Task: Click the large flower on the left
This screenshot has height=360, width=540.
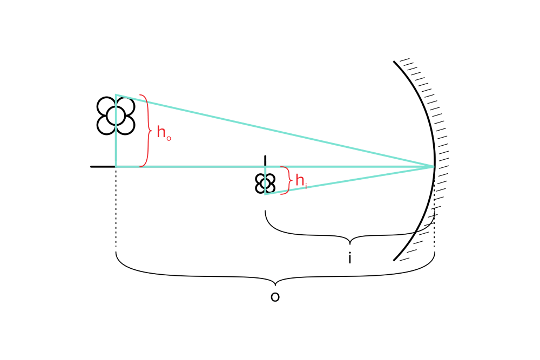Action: (x=116, y=116)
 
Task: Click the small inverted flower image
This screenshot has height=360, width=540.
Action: (x=265, y=183)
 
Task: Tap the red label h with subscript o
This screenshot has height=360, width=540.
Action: (x=163, y=133)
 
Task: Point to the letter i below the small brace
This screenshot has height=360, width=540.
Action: (x=350, y=259)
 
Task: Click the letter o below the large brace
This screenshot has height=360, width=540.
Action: (x=275, y=297)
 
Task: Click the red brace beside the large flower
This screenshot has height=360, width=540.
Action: (x=145, y=131)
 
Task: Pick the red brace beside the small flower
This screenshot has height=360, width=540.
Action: (x=286, y=180)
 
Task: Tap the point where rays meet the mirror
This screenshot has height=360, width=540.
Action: (x=434, y=166)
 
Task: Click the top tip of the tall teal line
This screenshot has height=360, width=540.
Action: (x=116, y=96)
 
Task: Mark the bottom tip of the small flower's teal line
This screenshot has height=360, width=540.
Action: (x=265, y=194)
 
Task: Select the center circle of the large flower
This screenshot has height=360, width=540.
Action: (x=116, y=116)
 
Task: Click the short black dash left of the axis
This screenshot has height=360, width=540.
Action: (x=102, y=167)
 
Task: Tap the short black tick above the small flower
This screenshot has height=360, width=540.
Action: (x=265, y=160)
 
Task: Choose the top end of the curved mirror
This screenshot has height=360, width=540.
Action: (x=395, y=62)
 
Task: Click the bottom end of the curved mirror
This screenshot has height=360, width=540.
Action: (x=395, y=260)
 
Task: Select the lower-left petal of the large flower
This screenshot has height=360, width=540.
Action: (x=106, y=125)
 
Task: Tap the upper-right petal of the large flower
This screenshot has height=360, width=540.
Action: (x=125, y=106)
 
